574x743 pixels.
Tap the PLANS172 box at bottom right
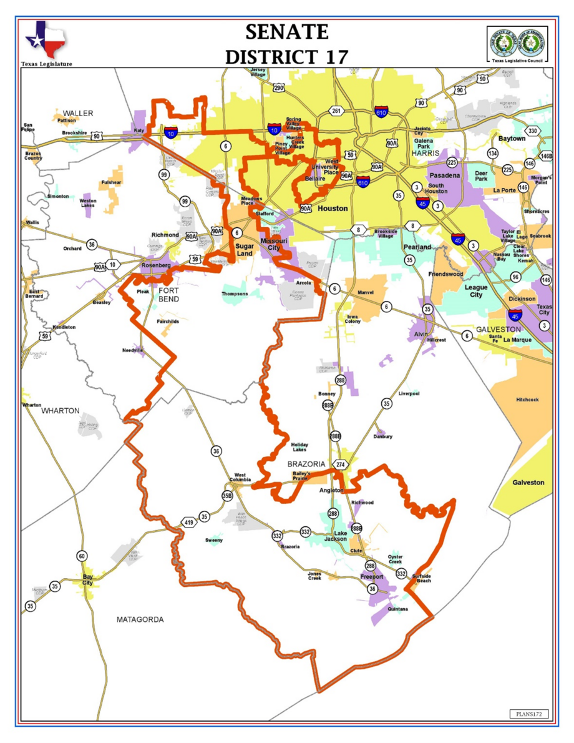click(529, 713)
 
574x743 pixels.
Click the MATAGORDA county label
click(140, 619)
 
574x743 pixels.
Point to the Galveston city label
click(528, 483)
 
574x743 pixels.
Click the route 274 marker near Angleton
click(340, 465)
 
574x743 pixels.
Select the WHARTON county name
click(61, 411)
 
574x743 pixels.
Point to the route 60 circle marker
click(82, 556)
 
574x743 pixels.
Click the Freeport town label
click(372, 577)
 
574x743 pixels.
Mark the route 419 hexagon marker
click(188, 521)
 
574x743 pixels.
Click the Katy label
click(139, 130)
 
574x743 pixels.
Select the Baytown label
click(512, 138)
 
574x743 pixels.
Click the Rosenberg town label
click(156, 265)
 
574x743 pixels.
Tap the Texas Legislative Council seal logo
click(516, 42)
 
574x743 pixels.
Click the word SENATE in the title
click(286, 31)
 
